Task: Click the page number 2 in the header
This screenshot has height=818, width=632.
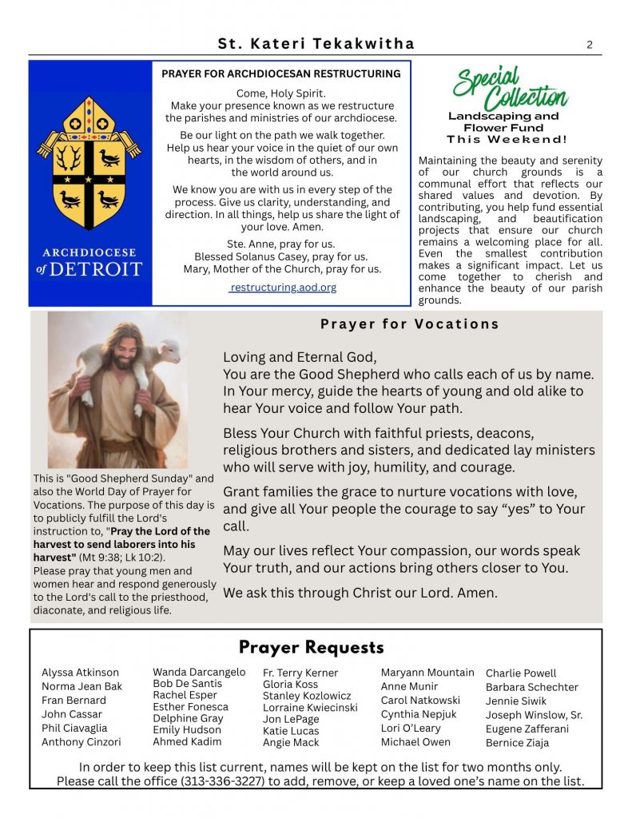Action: click(590, 45)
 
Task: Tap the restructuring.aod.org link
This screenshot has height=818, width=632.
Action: click(283, 288)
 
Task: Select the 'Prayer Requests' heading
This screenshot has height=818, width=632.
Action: click(312, 648)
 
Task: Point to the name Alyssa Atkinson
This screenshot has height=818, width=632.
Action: click(80, 673)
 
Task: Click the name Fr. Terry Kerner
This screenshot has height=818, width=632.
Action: click(300, 673)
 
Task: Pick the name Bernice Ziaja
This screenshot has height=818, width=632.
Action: click(517, 743)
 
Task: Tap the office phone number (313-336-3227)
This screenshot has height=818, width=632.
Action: click(215, 781)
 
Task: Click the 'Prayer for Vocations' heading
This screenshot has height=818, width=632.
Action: click(410, 324)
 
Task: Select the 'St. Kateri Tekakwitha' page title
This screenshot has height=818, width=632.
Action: click(316, 45)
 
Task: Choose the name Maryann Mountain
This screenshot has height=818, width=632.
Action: click(427, 673)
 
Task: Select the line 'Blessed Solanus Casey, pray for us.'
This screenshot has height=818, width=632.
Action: click(281, 256)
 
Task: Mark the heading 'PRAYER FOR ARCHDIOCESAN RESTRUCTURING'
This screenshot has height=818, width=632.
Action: click(281, 74)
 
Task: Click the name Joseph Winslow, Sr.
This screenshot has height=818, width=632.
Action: click(534, 715)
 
